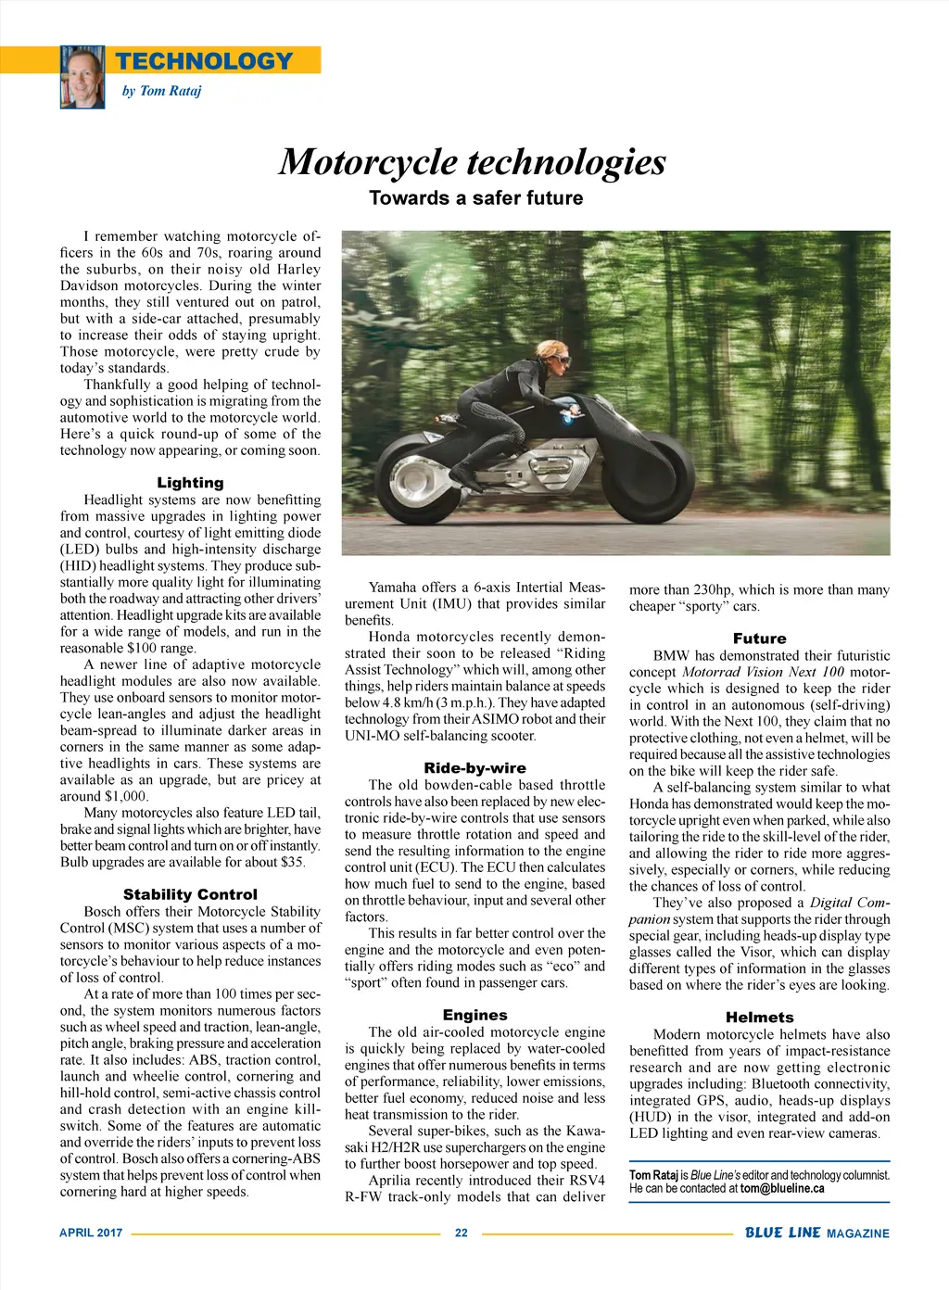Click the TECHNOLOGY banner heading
[x=204, y=61]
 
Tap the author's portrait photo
[x=82, y=77]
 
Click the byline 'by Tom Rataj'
[x=161, y=91]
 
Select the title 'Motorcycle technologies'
[x=473, y=161]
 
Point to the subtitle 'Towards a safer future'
[x=475, y=197]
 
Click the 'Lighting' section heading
[x=190, y=482]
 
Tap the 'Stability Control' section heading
[x=190, y=894]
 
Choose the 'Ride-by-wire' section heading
[x=474, y=767]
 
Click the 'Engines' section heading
[x=474, y=1015]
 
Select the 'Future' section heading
[x=759, y=638]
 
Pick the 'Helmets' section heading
[x=759, y=1017]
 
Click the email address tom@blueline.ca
[x=782, y=1188]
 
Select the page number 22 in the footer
[x=461, y=1233]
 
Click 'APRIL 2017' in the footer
[x=91, y=1233]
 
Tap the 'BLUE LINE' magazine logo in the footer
[x=783, y=1233]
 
